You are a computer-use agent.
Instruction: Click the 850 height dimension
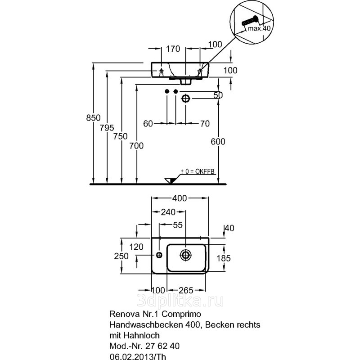pyautogui.click(x=93, y=118)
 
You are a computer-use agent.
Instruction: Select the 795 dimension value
pyautogui.click(x=107, y=128)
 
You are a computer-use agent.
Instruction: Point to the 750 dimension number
pyautogui.click(x=121, y=136)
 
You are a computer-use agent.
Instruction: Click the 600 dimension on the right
pyautogui.click(x=218, y=141)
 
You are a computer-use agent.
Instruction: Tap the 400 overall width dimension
pyautogui.click(x=180, y=198)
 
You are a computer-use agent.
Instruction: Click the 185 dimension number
pyautogui.click(x=224, y=258)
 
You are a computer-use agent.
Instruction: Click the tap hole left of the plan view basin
pyautogui.click(x=159, y=255)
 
